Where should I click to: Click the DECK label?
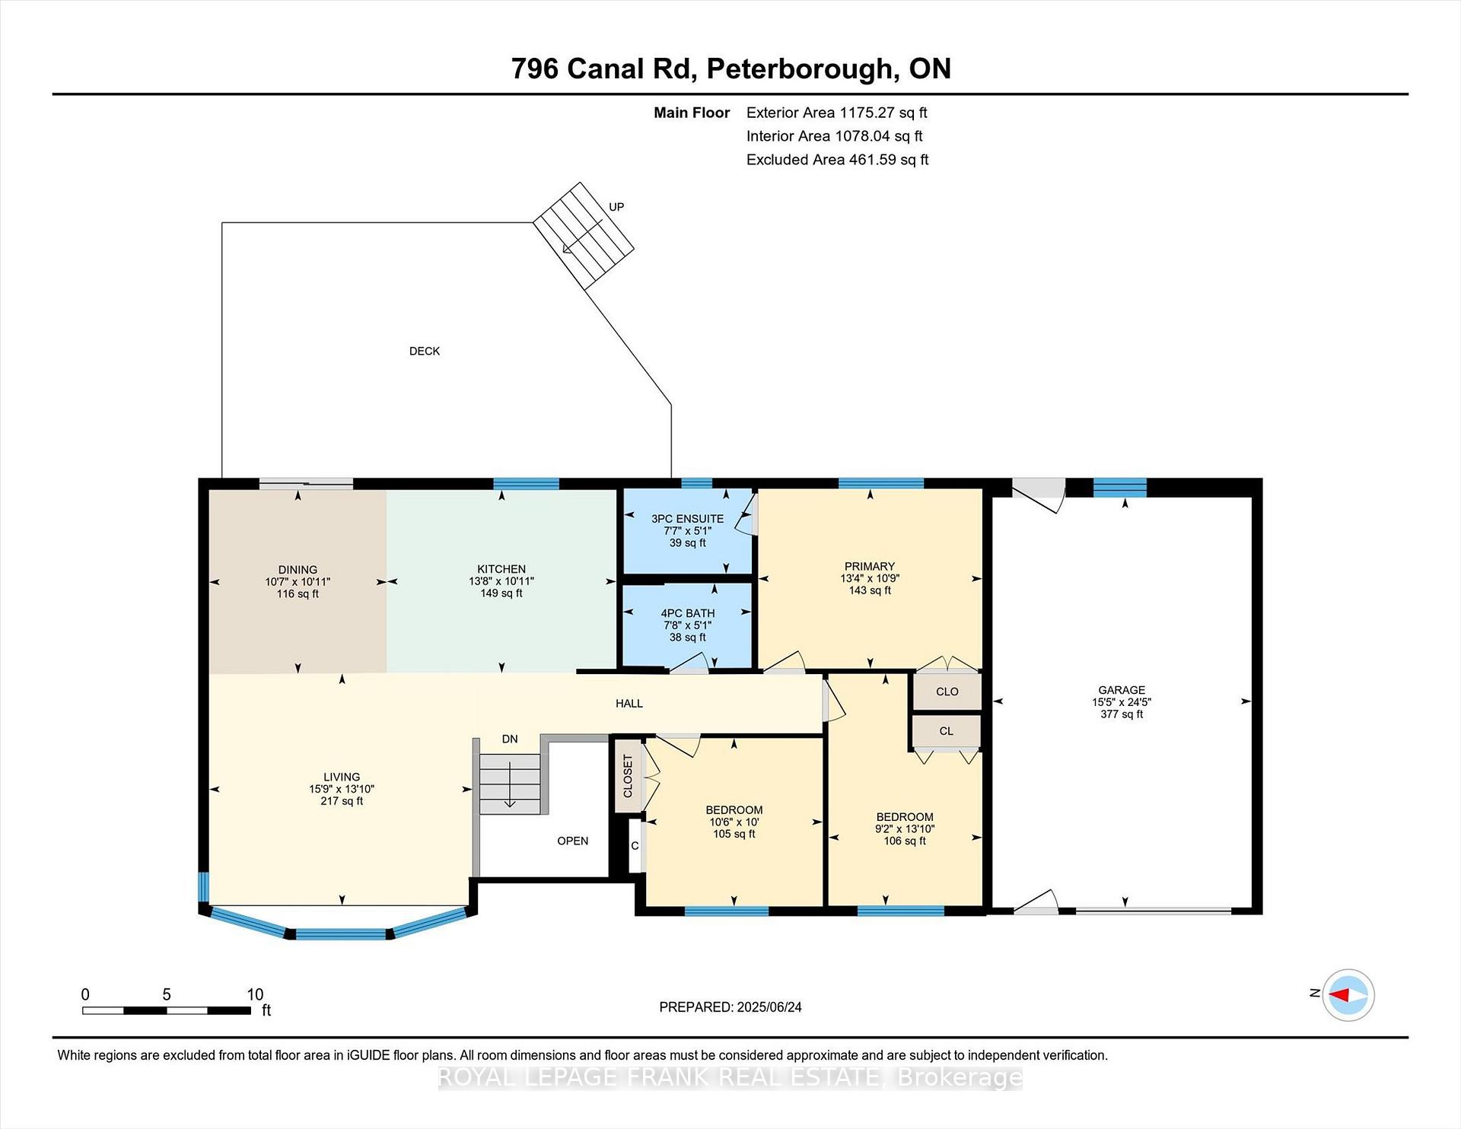click(x=425, y=351)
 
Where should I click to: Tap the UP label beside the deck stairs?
click(x=616, y=207)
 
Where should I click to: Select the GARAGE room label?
click(x=1122, y=690)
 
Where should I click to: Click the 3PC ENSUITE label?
click(x=688, y=519)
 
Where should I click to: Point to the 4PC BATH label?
click(x=688, y=613)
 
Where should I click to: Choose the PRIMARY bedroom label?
click(x=870, y=566)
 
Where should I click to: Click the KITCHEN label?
click(x=501, y=569)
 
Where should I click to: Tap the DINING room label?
click(x=298, y=570)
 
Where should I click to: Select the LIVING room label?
click(x=342, y=778)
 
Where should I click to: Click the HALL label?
click(x=629, y=704)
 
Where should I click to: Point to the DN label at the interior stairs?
click(x=510, y=739)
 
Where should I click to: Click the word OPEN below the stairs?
click(x=573, y=841)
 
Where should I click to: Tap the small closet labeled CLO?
click(x=947, y=692)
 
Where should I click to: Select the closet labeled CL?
click(x=947, y=731)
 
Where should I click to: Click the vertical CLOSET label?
click(x=628, y=776)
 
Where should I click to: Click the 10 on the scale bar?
click(x=255, y=994)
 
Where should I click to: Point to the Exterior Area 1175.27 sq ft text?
click(x=837, y=113)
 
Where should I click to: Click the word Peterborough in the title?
click(x=800, y=68)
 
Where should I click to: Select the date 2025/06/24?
click(x=769, y=1007)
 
